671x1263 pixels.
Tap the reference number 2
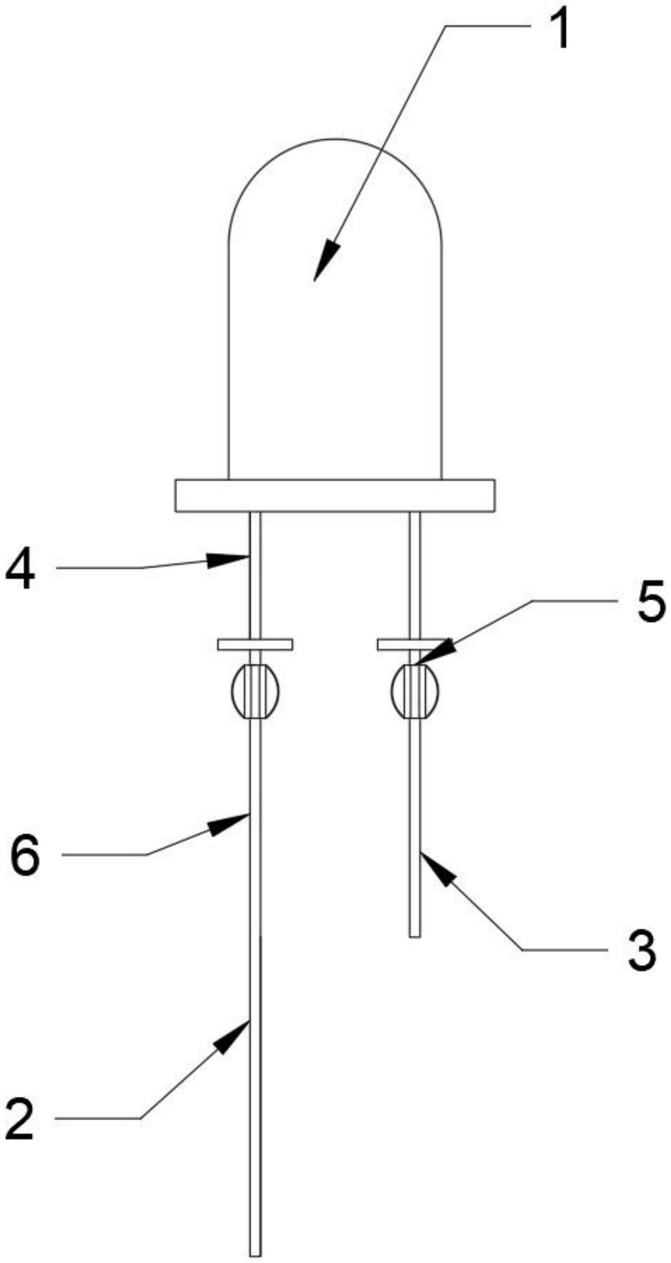click(20, 1120)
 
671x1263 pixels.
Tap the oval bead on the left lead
click(255, 691)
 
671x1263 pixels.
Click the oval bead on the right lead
click(415, 691)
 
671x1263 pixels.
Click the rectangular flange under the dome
click(335, 495)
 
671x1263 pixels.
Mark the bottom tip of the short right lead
click(415, 935)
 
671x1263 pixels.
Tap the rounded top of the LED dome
click(335, 141)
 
